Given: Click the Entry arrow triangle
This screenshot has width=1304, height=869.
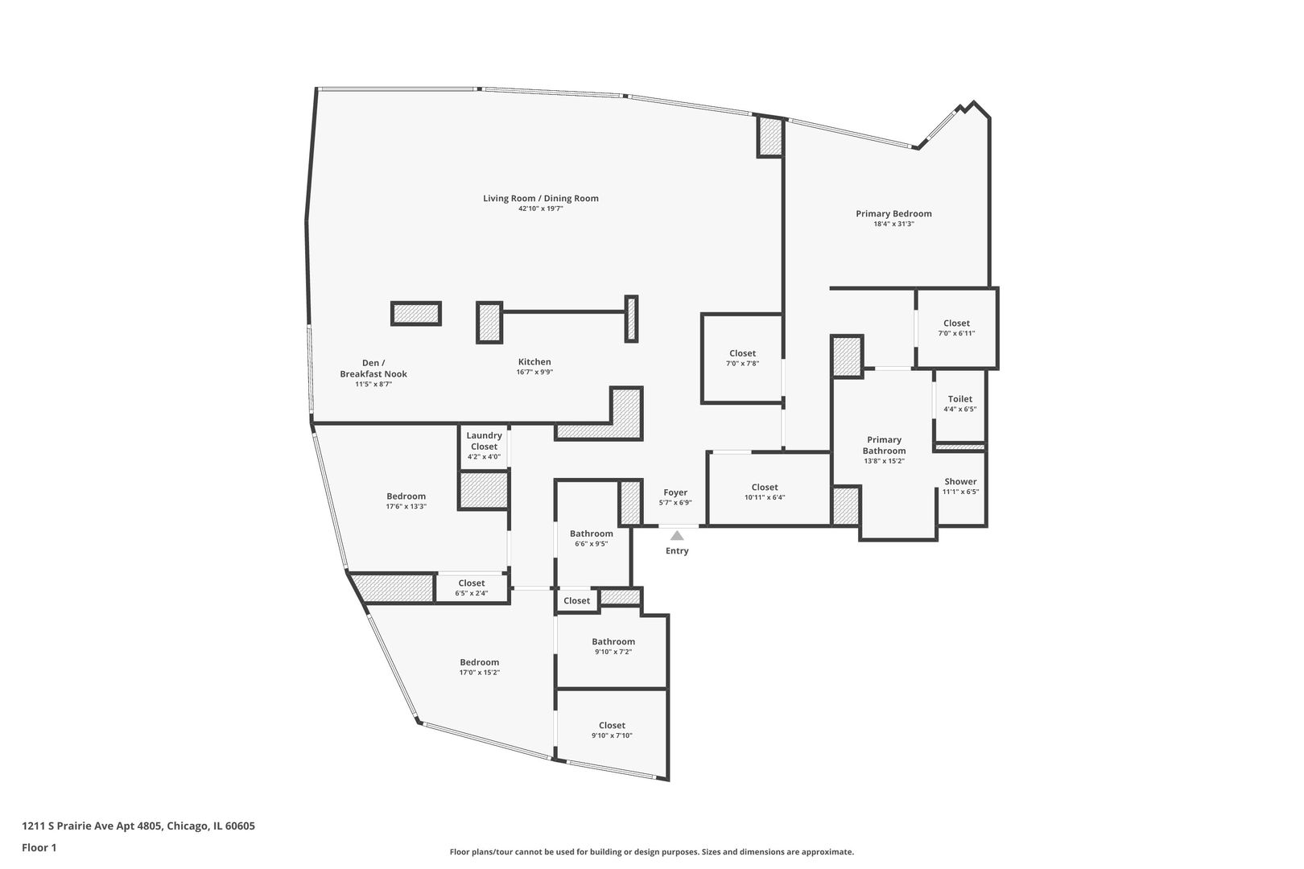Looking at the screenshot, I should [677, 536].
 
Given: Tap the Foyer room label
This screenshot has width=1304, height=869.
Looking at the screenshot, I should [675, 492].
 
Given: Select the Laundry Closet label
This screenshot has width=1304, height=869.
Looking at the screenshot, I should [484, 441].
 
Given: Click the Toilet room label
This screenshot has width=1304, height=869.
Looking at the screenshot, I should [959, 399].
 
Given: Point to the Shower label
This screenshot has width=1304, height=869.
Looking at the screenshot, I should [960, 482].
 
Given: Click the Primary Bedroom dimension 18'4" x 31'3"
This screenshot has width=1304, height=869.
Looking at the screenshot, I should [893, 224].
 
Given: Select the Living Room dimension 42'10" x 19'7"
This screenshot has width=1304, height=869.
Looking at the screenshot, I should [540, 209].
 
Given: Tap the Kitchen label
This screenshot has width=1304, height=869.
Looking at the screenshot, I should [534, 362].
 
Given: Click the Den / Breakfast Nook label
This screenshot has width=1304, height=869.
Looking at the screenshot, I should [373, 369].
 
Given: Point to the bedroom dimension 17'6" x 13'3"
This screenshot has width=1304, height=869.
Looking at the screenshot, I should [406, 507].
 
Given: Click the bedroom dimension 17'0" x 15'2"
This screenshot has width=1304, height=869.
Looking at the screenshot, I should [480, 673].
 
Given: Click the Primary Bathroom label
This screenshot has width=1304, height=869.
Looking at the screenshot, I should [884, 445].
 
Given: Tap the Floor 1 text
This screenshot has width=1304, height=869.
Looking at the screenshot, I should [39, 847].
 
